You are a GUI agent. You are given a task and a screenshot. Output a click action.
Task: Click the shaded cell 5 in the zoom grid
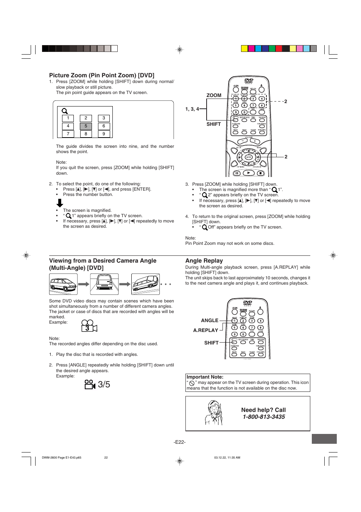click(86, 126)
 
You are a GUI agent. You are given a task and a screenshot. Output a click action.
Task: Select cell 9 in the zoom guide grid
click(104, 134)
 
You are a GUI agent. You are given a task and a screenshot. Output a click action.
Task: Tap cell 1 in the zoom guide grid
click(68, 118)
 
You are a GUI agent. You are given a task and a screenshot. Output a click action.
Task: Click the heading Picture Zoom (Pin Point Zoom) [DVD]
click(101, 75)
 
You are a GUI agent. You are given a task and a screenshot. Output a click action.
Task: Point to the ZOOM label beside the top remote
click(214, 96)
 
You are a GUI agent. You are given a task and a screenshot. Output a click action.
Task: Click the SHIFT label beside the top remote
click(213, 124)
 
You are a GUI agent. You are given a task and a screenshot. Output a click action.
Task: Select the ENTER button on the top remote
click(249, 157)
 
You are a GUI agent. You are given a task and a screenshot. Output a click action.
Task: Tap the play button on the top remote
click(249, 173)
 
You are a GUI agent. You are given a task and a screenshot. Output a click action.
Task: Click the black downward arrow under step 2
click(60, 203)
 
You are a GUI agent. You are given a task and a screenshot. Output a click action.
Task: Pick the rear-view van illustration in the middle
click(104, 284)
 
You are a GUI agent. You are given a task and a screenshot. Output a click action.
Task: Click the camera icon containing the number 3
click(89, 326)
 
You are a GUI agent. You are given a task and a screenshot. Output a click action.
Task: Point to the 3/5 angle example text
click(104, 384)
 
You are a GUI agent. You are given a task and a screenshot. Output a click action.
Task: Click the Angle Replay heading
click(204, 261)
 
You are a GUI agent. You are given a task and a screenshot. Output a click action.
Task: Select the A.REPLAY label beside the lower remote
click(205, 330)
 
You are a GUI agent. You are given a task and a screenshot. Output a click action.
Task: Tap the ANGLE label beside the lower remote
click(209, 321)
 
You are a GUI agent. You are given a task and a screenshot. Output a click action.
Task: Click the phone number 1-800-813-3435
click(264, 417)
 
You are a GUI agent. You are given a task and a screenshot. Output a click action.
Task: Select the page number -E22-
click(180, 442)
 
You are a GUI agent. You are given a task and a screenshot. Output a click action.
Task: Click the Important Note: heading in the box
click(205, 377)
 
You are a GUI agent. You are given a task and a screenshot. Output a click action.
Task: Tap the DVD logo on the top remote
click(249, 81)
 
